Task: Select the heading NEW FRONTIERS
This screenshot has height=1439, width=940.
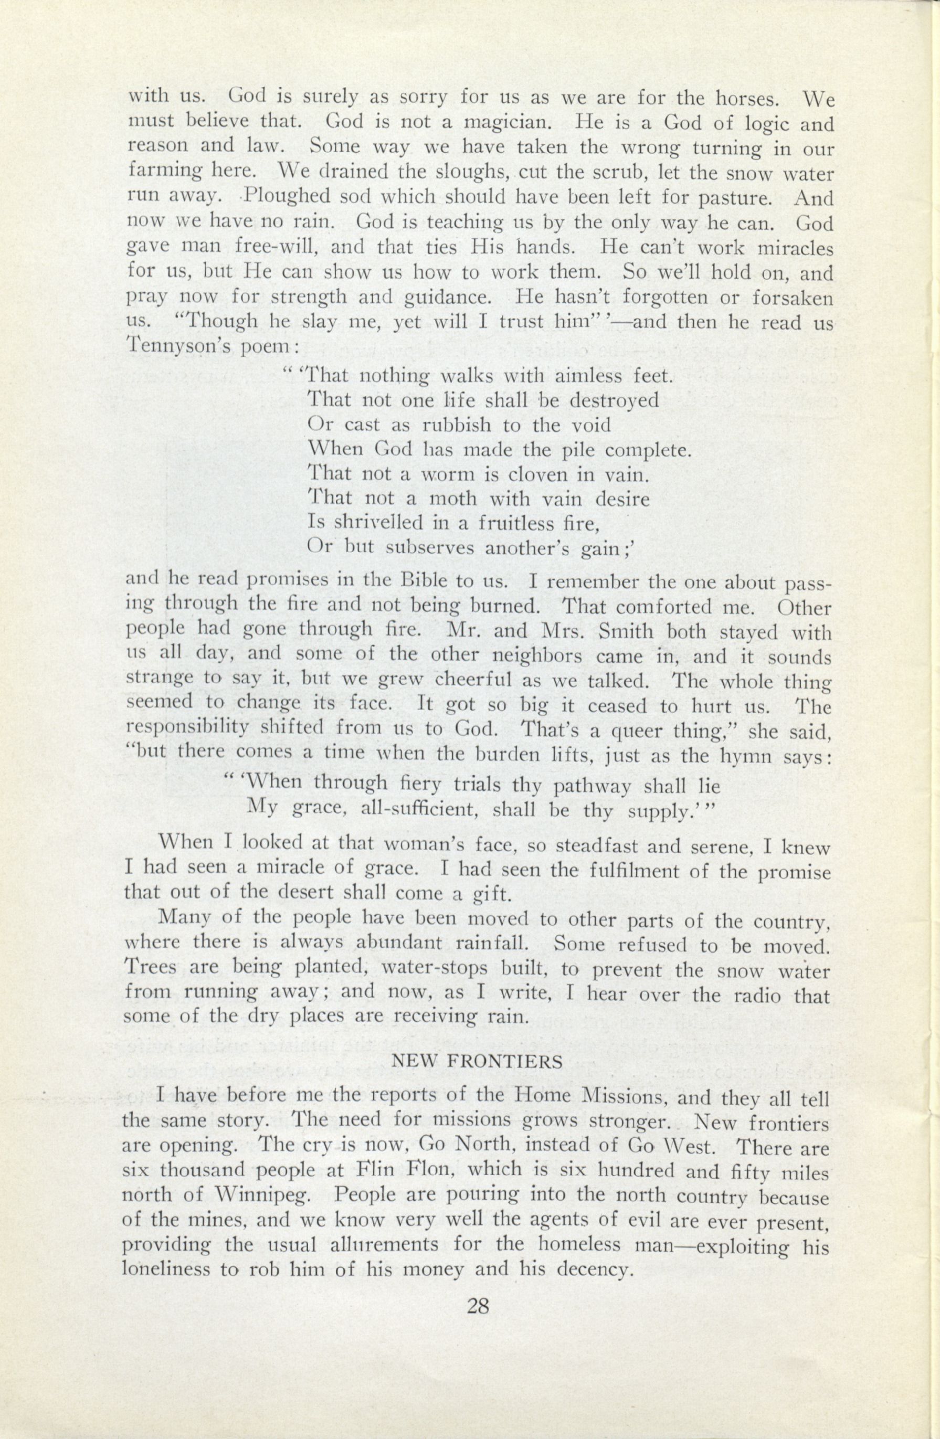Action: (x=478, y=1061)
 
